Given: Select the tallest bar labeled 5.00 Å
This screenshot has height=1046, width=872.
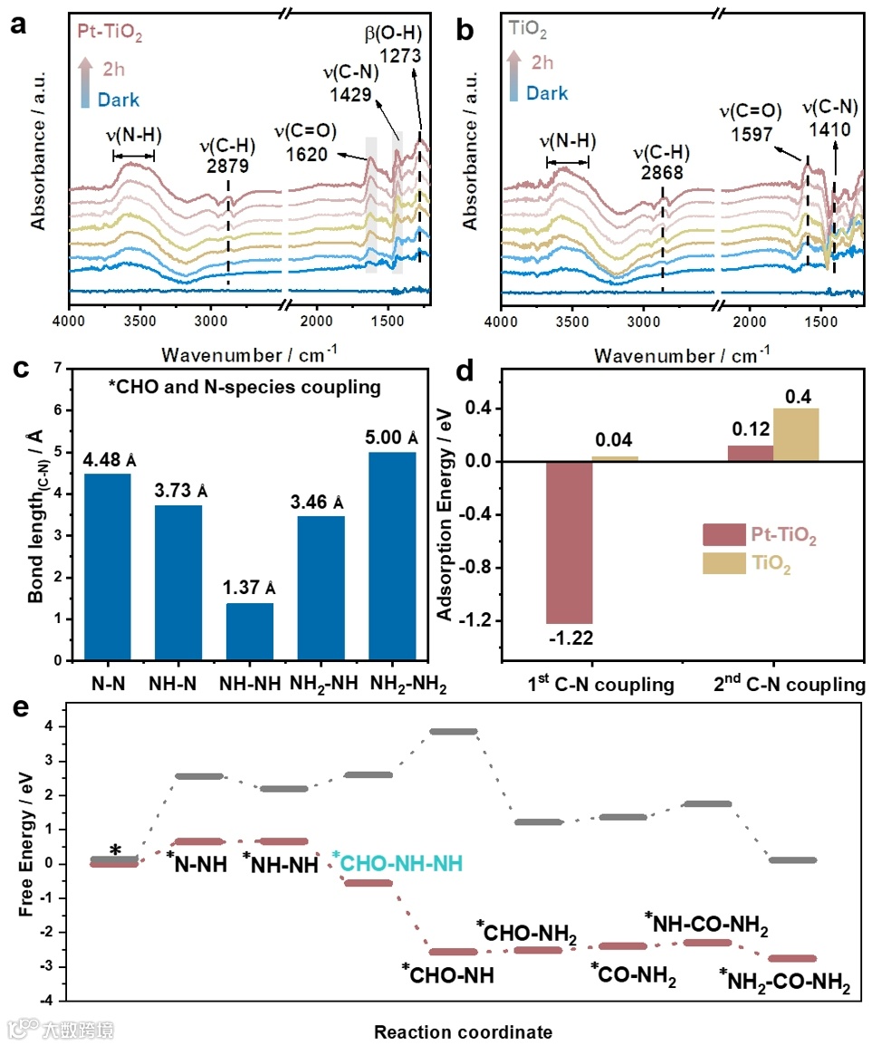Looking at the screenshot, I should click(392, 555).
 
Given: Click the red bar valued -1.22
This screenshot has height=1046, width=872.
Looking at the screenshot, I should click(569, 542).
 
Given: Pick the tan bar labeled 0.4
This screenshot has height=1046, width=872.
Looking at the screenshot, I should click(797, 435).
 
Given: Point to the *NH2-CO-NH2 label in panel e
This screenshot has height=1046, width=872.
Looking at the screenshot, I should click(785, 982).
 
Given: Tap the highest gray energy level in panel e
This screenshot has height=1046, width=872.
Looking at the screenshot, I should click(453, 731).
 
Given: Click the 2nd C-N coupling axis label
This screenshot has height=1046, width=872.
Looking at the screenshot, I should click(799, 686).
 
